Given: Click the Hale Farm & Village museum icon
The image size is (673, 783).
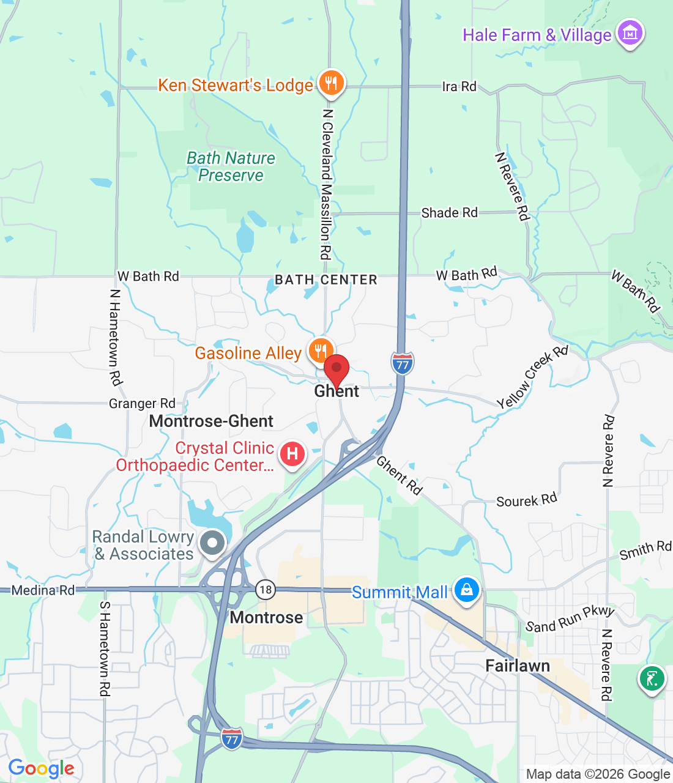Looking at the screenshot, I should click(x=630, y=33).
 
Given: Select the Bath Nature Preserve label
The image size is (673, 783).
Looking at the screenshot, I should click(x=231, y=166).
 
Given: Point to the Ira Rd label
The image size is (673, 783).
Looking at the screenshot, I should click(x=459, y=86).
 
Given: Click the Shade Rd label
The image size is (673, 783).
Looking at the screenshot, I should click(x=449, y=213).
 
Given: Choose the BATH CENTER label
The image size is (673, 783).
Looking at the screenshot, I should click(x=326, y=280).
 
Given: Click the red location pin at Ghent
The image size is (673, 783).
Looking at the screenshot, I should click(x=336, y=371).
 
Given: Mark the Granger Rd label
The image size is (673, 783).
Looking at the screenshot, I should click(x=142, y=404).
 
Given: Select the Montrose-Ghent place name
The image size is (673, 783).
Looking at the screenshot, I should click(x=211, y=421).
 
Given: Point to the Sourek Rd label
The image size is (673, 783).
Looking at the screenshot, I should click(x=526, y=500).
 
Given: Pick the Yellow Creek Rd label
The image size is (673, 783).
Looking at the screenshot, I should click(x=532, y=377).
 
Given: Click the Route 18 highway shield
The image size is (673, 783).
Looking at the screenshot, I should click(x=265, y=590).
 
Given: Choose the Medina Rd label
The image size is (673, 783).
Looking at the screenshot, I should click(x=43, y=590).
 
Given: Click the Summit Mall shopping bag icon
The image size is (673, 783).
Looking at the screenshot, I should click(x=467, y=590).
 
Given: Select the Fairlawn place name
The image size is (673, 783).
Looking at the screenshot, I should click(x=518, y=666).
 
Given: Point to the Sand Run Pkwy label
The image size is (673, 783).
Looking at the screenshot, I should click(x=570, y=619).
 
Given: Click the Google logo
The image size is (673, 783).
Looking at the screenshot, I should click(x=41, y=768).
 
